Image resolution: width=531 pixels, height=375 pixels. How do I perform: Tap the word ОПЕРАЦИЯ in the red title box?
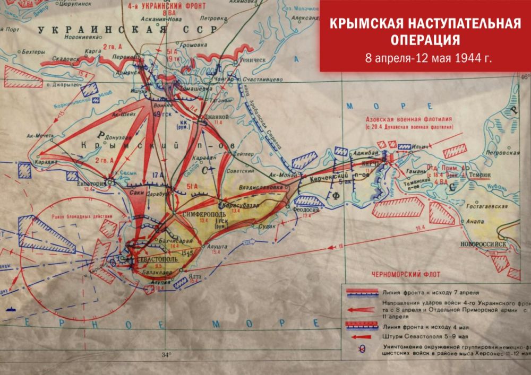pyautogui.click(x=425, y=41)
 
